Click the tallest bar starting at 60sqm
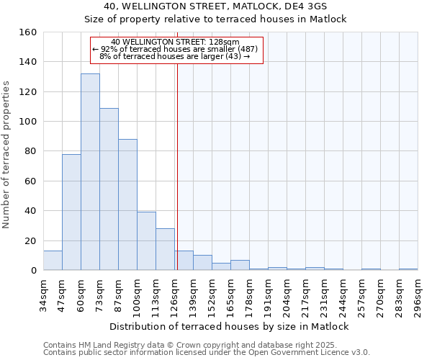90,172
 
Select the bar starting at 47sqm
71,212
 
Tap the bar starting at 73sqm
109,189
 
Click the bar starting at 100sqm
146,241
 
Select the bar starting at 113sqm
165,249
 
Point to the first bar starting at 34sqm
53,261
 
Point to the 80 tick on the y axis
30,151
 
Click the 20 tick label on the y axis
30,240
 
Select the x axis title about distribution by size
230,326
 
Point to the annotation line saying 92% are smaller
176,49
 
